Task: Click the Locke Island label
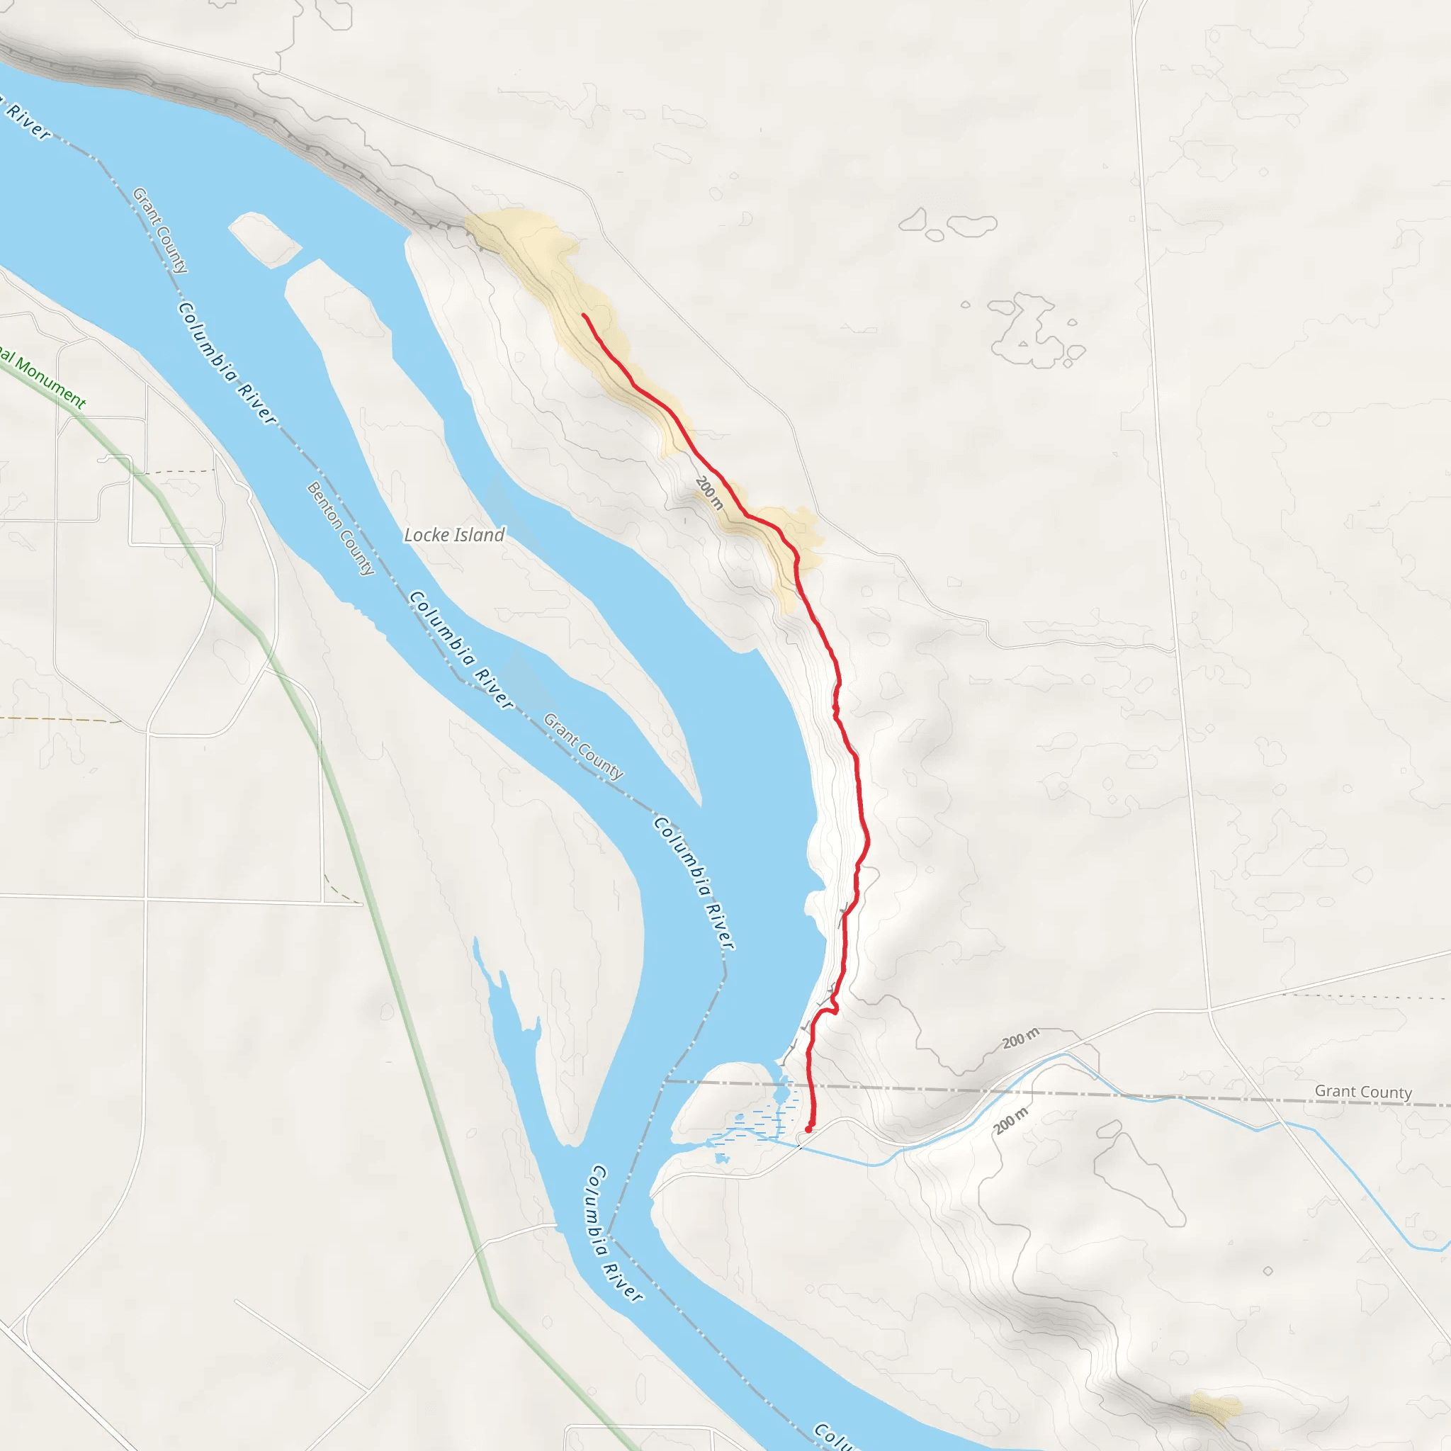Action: (453, 535)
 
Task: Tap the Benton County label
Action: (340, 529)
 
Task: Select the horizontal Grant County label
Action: (1363, 1091)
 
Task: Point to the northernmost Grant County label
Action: (160, 230)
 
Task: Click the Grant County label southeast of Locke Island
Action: (583, 746)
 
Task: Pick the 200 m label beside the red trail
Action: (709, 492)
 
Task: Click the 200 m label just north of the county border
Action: (1021, 1039)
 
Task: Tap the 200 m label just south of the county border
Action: (1011, 1121)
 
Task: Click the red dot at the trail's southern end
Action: (808, 1129)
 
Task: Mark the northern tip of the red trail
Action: (584, 315)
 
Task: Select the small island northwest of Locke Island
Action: (264, 239)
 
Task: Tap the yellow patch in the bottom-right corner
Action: (1215, 1408)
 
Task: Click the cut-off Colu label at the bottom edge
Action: (834, 1435)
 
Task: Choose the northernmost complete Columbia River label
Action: (227, 363)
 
